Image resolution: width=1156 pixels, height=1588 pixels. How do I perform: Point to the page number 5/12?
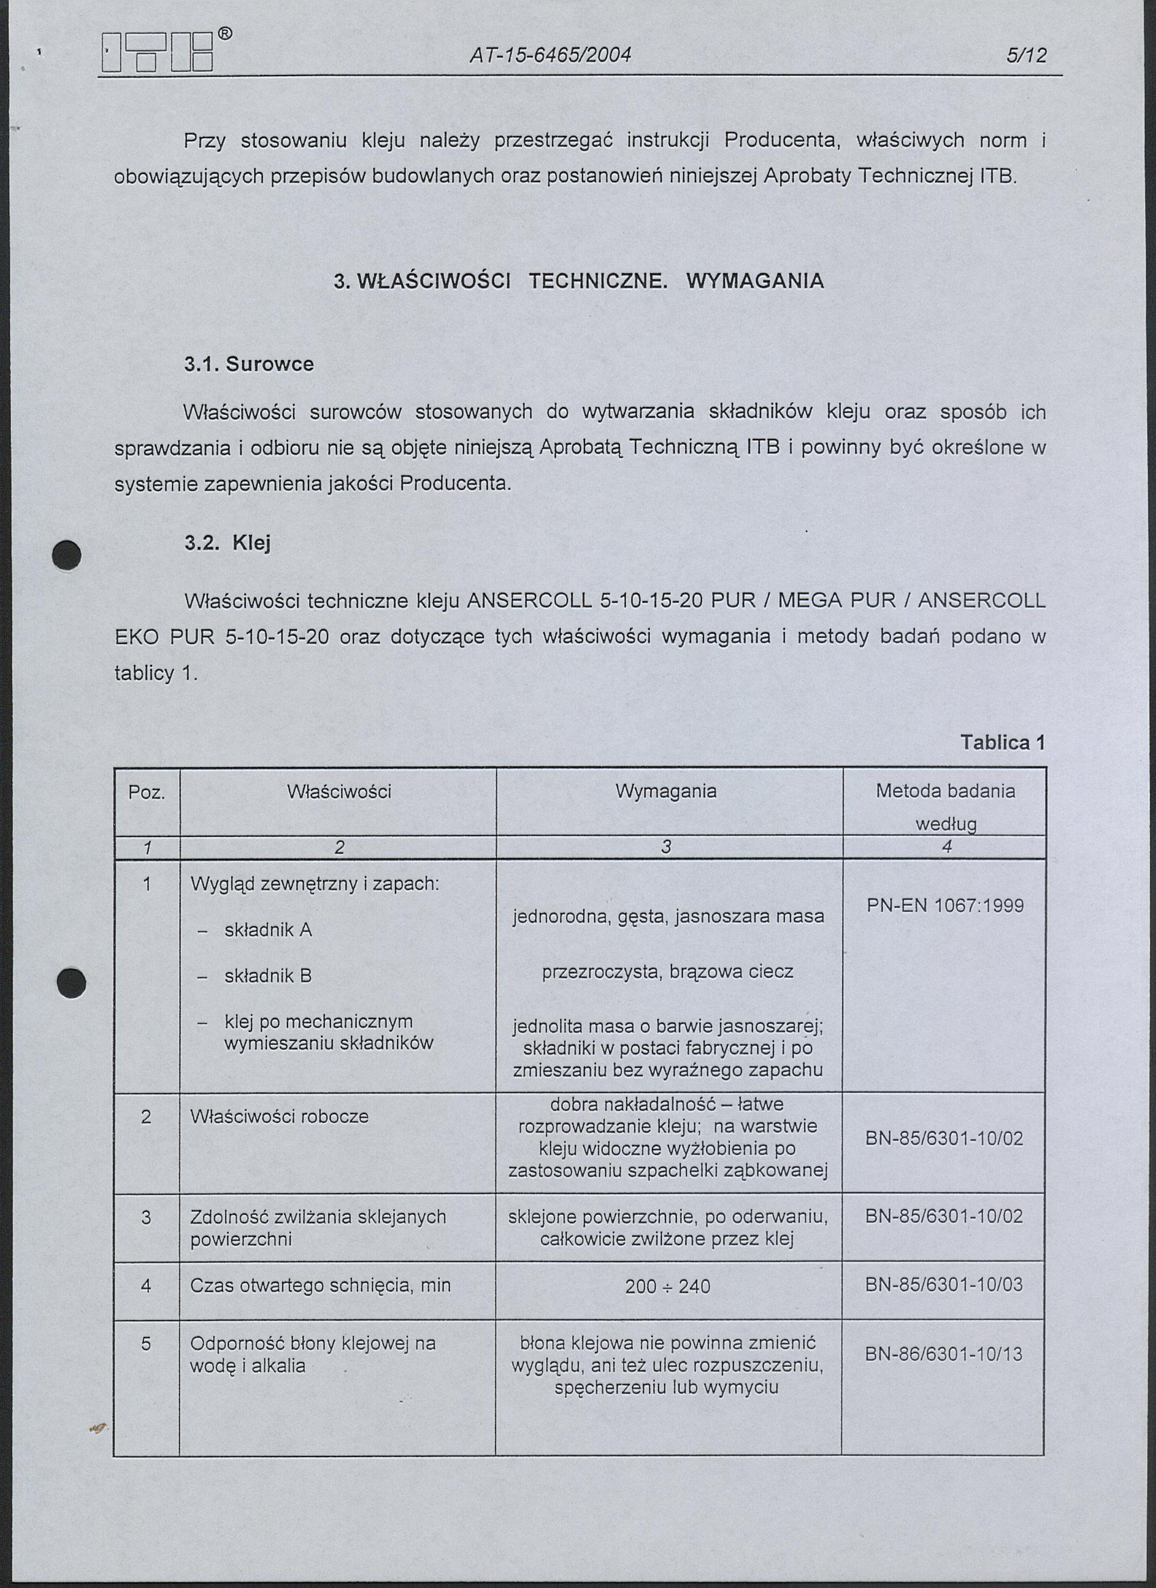(x=1027, y=55)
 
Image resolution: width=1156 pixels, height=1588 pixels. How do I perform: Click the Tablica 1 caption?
(x=1002, y=742)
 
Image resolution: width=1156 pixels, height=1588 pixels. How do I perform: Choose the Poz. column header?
(x=146, y=792)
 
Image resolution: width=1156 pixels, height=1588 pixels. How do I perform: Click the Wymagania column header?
(x=665, y=791)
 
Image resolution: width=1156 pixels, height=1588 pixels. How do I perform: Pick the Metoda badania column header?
(x=945, y=791)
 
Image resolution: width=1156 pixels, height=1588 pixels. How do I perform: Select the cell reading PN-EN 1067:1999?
(x=945, y=905)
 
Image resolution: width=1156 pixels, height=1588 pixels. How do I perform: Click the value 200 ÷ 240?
(x=668, y=1286)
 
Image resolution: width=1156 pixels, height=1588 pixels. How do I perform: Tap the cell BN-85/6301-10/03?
(x=944, y=1284)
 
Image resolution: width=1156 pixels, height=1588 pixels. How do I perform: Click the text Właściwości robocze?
(x=279, y=1116)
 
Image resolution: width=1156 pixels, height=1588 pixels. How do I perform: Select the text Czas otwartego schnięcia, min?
(x=321, y=1285)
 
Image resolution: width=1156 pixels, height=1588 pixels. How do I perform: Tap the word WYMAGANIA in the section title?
(x=755, y=282)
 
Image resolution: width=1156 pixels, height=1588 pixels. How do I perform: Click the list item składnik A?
(x=268, y=930)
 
